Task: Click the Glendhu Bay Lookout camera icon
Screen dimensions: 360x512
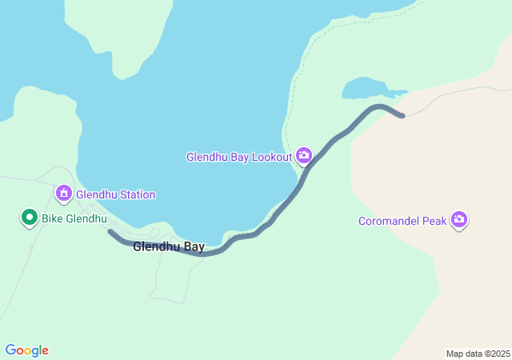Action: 304,155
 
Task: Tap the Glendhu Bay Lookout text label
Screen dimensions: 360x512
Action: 239,157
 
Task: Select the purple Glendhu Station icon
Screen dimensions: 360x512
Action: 64,194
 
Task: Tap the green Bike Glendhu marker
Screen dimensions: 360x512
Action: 30,217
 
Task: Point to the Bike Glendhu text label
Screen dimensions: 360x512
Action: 74,218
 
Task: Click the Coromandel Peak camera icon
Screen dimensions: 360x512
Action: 458,219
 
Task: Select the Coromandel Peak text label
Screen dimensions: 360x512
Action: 402,221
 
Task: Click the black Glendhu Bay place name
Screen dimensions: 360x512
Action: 169,246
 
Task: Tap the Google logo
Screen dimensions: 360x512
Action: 27,350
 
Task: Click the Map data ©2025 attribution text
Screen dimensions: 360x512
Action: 478,354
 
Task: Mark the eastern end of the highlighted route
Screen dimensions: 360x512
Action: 402,115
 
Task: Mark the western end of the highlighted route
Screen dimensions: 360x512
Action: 110,233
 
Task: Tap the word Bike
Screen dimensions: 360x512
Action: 53,218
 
